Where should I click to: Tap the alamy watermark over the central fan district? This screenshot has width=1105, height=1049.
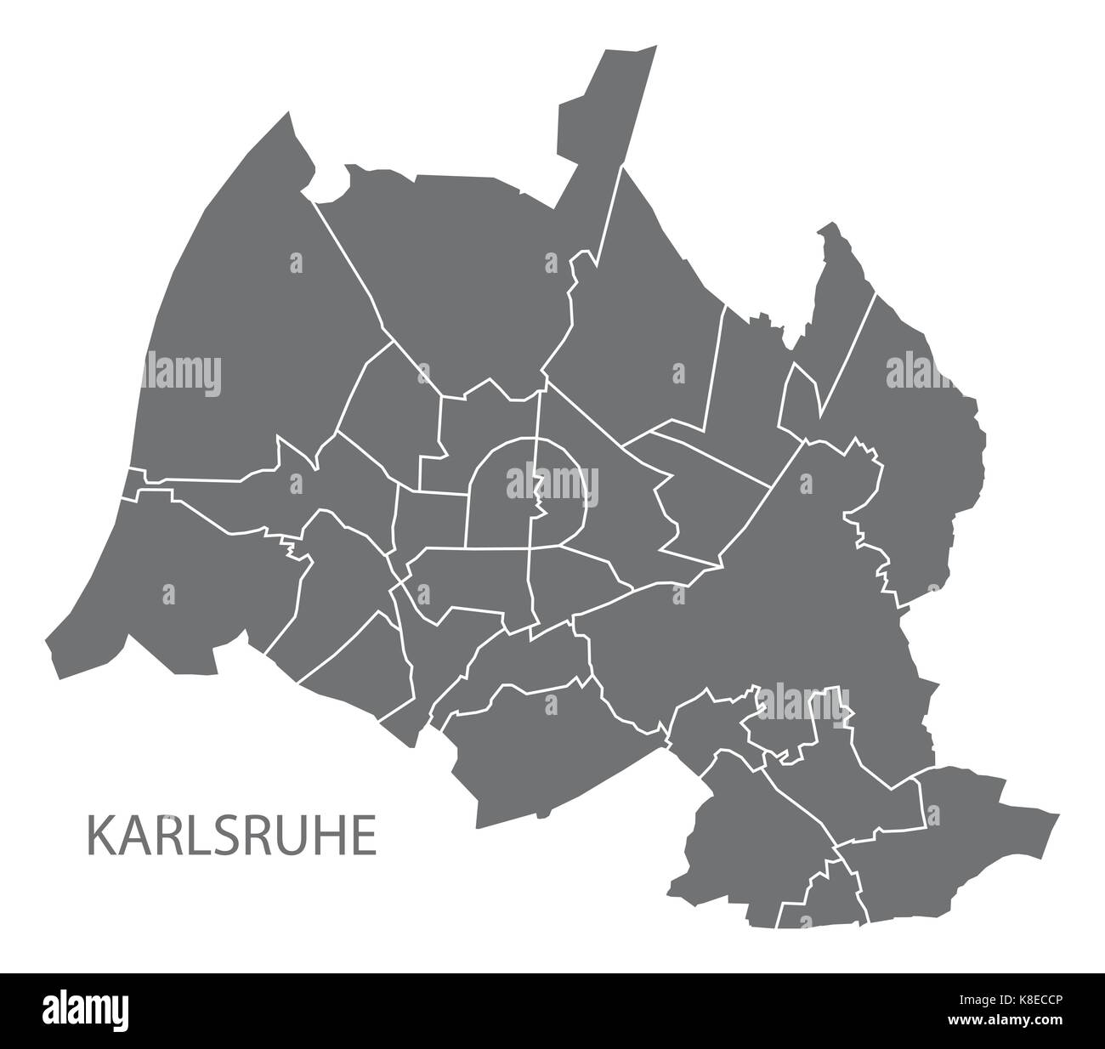pos(552,485)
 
